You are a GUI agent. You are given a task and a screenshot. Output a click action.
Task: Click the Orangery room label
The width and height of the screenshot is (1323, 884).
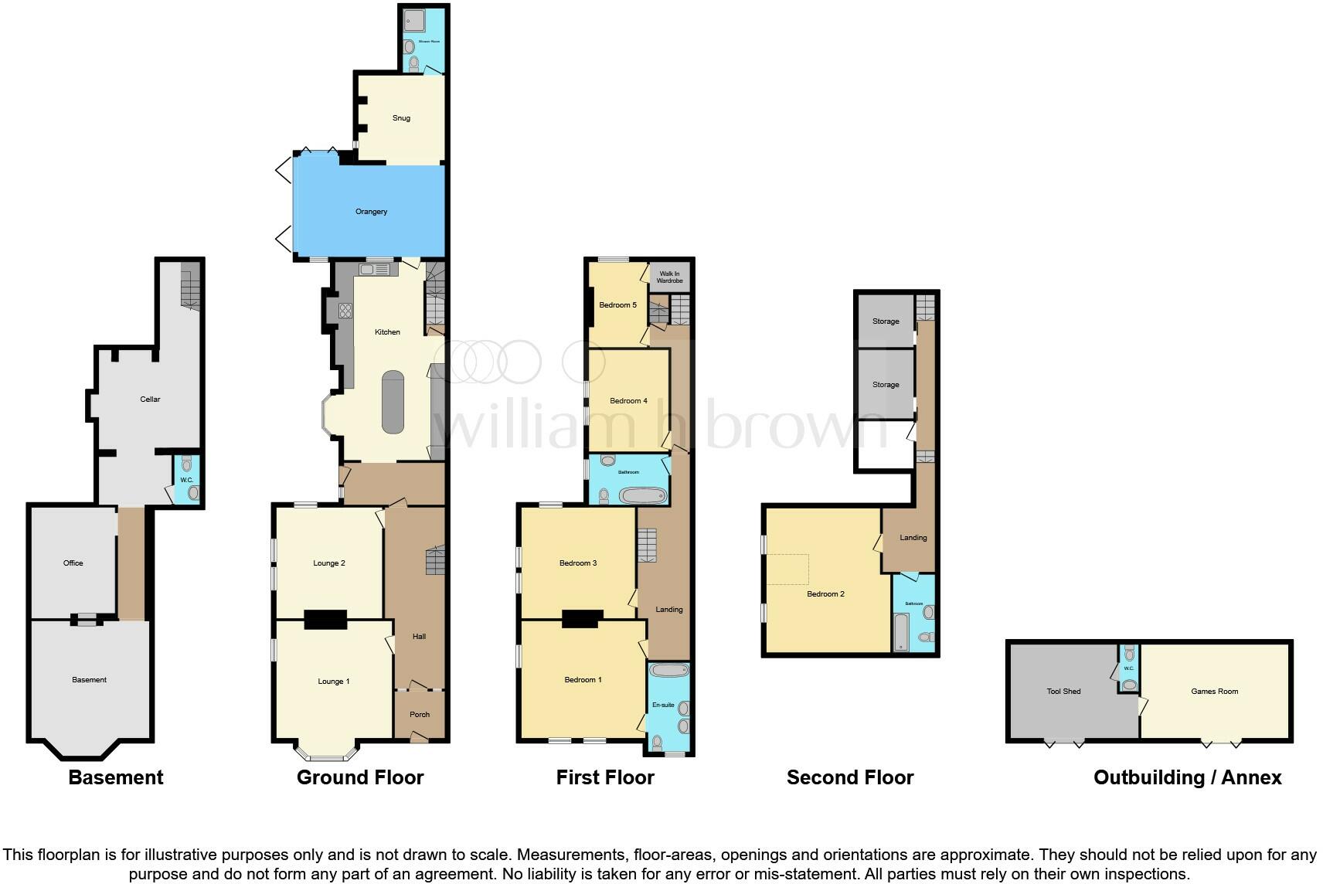pyautogui.click(x=371, y=212)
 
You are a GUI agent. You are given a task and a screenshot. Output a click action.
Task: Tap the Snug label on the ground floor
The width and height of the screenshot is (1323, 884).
pyautogui.click(x=401, y=118)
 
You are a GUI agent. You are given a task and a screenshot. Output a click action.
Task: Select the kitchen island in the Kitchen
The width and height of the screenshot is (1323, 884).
pyautogui.click(x=393, y=402)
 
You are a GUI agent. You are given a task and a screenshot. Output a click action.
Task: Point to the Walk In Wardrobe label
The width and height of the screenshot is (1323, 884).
pyautogui.click(x=670, y=277)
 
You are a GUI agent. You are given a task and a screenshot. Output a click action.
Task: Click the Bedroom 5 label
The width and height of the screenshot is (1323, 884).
pyautogui.click(x=617, y=305)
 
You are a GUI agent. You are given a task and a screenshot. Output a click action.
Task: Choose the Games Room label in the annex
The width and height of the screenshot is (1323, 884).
pyautogui.click(x=1214, y=692)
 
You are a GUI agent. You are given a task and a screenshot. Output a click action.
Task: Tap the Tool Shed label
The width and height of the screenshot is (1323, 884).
pyautogui.click(x=1063, y=692)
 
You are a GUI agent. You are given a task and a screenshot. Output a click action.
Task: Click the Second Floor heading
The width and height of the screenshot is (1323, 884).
pyautogui.click(x=850, y=777)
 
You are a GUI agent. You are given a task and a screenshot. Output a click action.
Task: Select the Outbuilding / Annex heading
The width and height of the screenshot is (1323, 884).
pyautogui.click(x=1187, y=777)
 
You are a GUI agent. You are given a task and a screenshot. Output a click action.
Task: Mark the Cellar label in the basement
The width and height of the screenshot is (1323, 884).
pyautogui.click(x=150, y=399)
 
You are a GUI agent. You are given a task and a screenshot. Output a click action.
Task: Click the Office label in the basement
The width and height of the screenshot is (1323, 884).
pyautogui.click(x=73, y=563)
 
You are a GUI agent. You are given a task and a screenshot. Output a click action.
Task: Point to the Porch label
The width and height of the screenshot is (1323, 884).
pyautogui.click(x=420, y=715)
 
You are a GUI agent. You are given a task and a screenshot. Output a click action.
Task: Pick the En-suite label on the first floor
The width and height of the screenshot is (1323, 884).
pyautogui.click(x=663, y=705)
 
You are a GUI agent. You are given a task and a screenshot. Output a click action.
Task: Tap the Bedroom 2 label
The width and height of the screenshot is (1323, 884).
pyautogui.click(x=825, y=594)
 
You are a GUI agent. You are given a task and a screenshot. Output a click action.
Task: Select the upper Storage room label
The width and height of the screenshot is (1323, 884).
pyautogui.click(x=886, y=321)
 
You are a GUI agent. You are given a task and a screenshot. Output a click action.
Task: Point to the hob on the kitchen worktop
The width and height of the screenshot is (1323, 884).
pyautogui.click(x=345, y=311)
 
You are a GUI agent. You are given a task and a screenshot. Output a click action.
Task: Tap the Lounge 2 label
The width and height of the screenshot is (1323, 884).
pyautogui.click(x=329, y=563)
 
